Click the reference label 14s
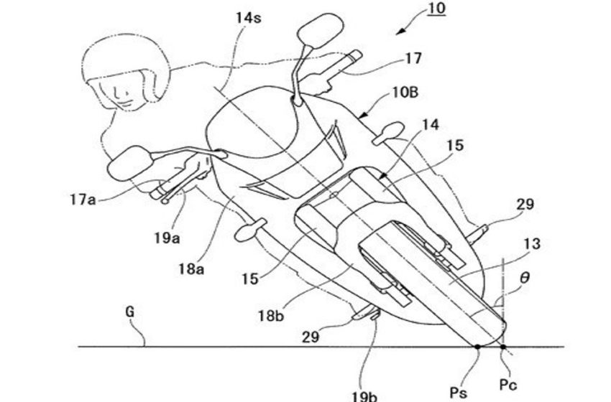[x=248, y=17]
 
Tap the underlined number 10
[x=436, y=8]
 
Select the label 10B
[x=404, y=93]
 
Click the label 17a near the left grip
[x=83, y=200]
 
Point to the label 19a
[x=167, y=237]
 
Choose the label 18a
[x=191, y=268]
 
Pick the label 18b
[x=271, y=316]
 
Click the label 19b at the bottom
[x=364, y=396]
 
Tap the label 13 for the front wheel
[x=532, y=244]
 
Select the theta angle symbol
[x=525, y=278]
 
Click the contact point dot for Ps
[x=478, y=346]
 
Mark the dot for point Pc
[x=503, y=346]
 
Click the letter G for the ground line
[x=130, y=312]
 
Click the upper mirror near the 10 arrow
[x=321, y=31]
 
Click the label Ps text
[x=459, y=392]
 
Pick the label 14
[x=431, y=124]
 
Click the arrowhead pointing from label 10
[x=400, y=32]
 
